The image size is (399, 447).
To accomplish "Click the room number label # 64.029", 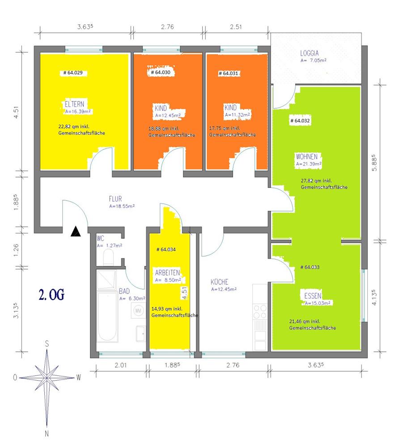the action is pos(73,73).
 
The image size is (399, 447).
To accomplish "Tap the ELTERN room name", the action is pos(74,104).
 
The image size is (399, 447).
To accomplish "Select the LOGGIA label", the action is pos(309,53).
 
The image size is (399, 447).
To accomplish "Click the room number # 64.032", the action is pos(300,121).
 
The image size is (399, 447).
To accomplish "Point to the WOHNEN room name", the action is pos(306,156).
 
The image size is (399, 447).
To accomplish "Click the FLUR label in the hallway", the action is pos(115,199).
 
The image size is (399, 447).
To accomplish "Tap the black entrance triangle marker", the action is pos(76,231).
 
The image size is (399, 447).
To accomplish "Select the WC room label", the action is pos(100,238).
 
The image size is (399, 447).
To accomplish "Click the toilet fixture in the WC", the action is pos(108,257).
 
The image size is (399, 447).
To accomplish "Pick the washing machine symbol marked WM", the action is pos(138,311).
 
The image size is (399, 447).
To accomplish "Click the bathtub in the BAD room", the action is pos(107,316).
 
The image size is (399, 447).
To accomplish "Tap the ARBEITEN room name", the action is pos(167,273).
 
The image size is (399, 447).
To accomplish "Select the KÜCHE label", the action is pos(219,282).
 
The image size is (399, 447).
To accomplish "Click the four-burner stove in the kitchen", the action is pos(260,312).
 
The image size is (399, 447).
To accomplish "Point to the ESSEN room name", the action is pos(313,295).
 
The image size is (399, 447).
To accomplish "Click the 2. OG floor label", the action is pos(51,295).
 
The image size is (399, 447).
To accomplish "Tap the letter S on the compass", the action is pos(47,344).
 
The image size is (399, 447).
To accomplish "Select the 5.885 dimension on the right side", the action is pos(374,163).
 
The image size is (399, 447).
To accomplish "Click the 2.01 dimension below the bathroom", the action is pos(121,365).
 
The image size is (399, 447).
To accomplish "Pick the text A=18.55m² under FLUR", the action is pos(122,206).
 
